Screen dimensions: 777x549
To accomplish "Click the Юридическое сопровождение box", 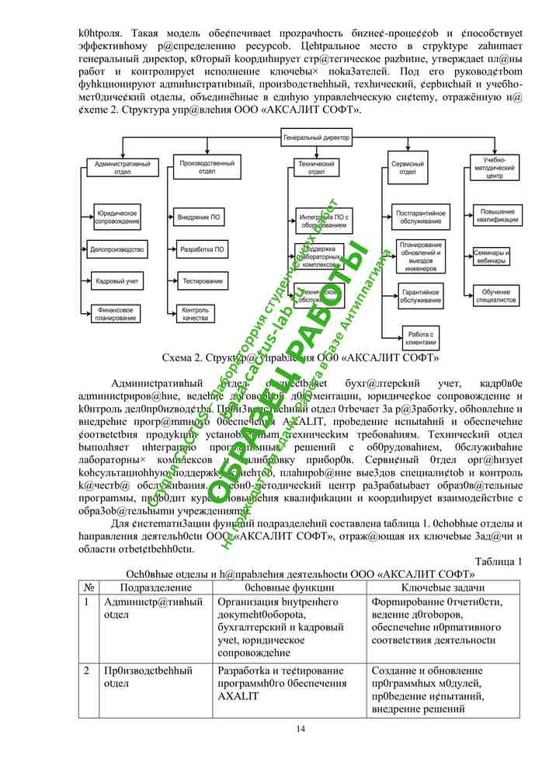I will point(116,217).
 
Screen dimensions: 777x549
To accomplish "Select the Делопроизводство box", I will point(117,250).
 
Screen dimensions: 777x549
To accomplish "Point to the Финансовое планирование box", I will point(116,313).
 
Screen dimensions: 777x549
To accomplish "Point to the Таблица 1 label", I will point(498,562).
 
